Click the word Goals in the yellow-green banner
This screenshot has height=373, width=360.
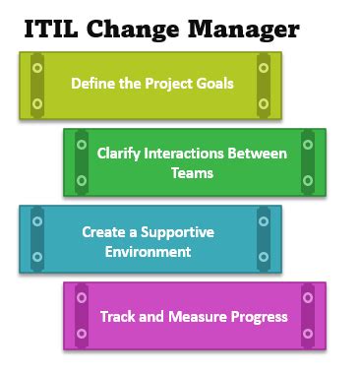point(215,83)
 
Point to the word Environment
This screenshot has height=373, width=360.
point(150,251)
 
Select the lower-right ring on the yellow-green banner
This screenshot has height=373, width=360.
point(263,102)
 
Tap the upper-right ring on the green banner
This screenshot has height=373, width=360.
point(307,145)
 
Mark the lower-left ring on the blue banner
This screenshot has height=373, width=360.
point(37,257)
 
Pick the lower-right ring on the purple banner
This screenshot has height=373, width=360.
point(307,333)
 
